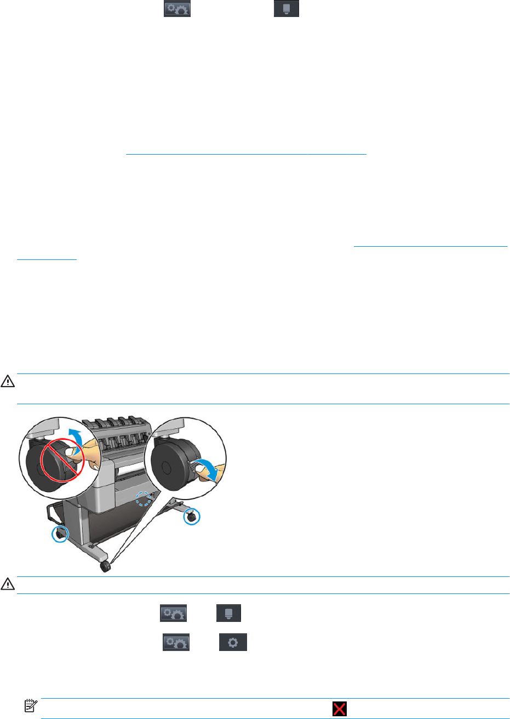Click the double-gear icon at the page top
point(177,9)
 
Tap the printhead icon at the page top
point(286,9)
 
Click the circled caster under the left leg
point(60,534)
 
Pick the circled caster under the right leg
point(192,517)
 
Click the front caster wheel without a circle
point(105,567)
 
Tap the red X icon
point(340,709)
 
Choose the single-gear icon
point(233,642)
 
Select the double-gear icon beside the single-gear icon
point(175,642)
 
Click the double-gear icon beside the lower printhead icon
point(173,613)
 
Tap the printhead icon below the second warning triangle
point(229,613)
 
